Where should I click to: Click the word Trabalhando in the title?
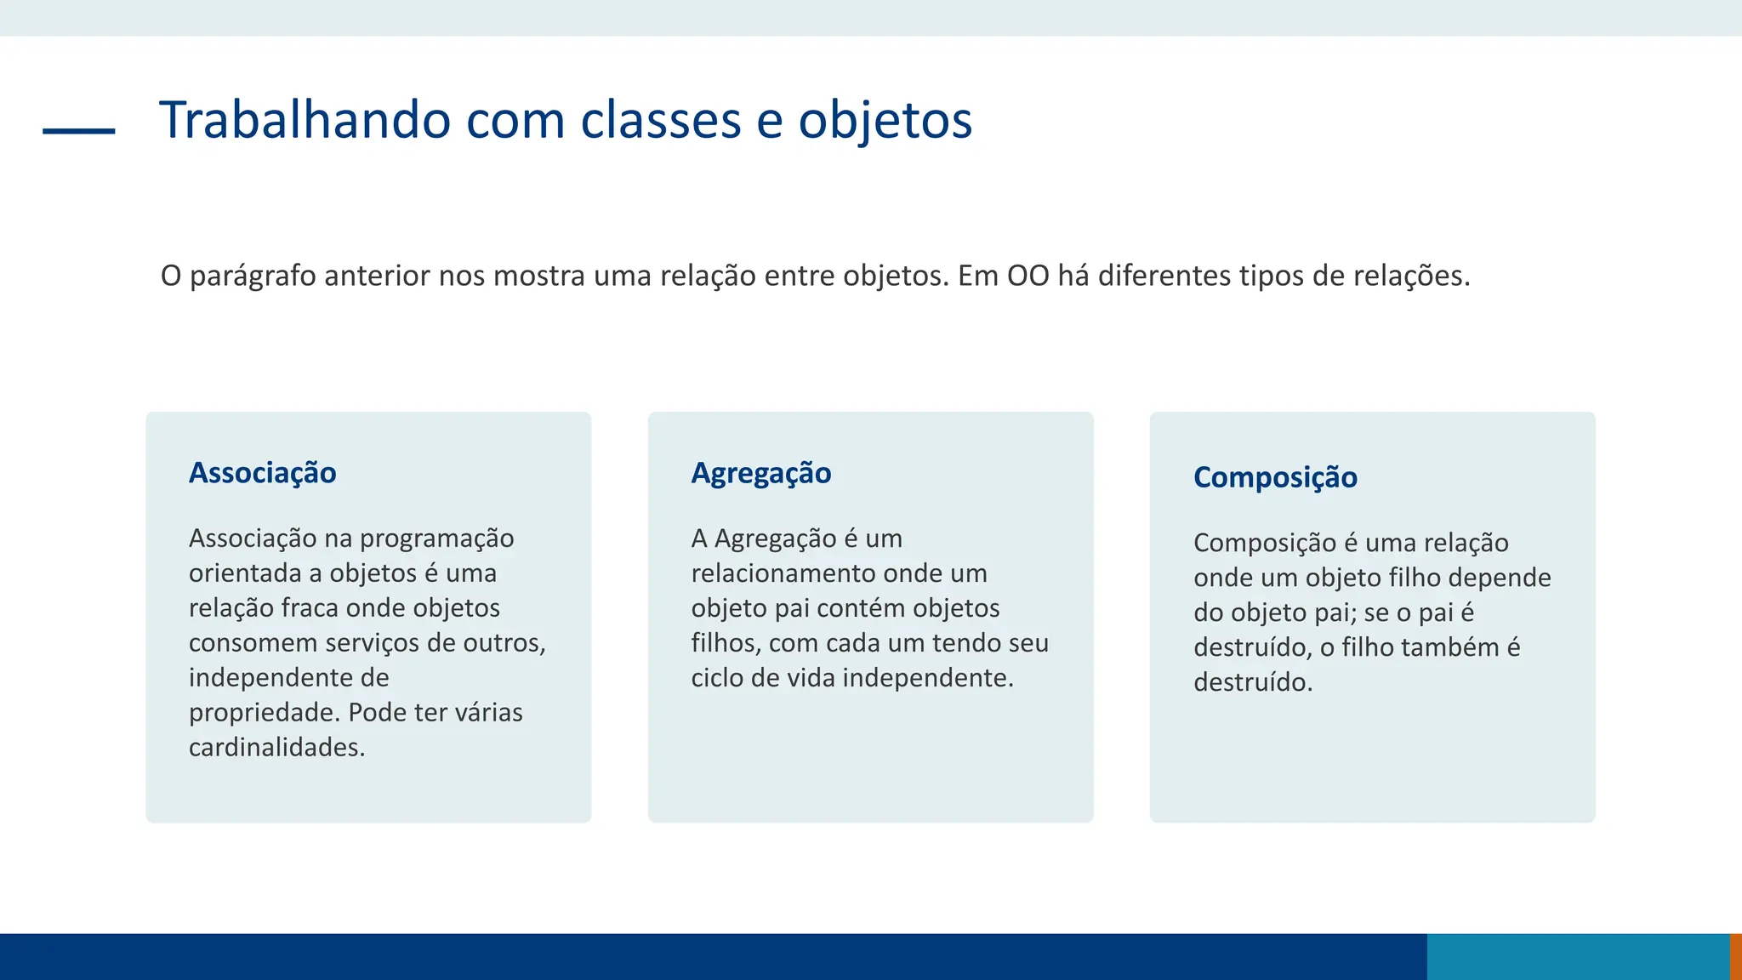[x=305, y=120]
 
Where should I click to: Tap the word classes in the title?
[x=661, y=120]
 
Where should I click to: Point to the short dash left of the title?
[x=79, y=131]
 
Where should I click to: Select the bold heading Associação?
[x=262, y=473]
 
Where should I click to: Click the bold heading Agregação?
[x=760, y=473]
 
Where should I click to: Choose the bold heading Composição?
[x=1274, y=477]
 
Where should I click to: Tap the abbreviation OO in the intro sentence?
[x=1028, y=276]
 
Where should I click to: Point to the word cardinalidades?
[x=276, y=748]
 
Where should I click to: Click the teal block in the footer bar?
[x=1578, y=957]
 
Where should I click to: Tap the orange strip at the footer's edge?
[x=1736, y=957]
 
